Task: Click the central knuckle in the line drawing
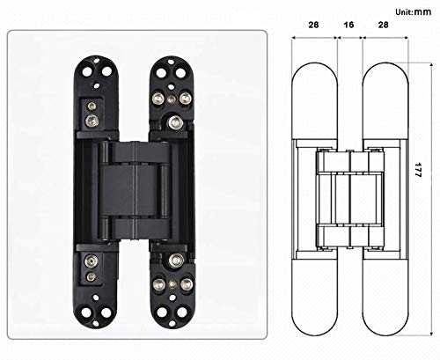click(349, 188)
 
